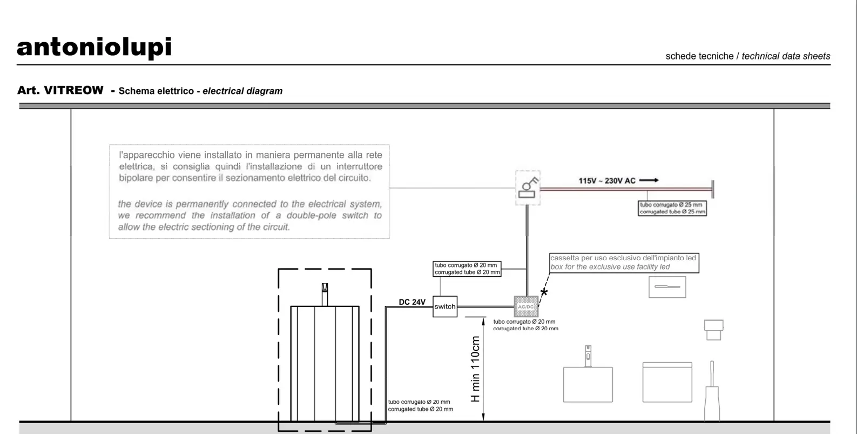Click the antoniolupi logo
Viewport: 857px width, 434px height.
95,47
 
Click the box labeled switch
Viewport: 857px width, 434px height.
445,306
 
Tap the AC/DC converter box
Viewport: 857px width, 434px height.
526,306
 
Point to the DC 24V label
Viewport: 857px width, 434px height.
412,302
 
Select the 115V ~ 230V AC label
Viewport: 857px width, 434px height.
607,181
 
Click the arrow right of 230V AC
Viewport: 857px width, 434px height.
649,180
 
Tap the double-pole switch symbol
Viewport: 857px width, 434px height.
528,187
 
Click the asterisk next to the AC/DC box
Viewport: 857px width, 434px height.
544,292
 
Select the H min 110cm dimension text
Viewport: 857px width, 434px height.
475,369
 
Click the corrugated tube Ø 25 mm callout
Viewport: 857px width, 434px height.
672,208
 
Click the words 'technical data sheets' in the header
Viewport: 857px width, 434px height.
786,56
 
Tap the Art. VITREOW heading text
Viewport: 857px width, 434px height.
60,90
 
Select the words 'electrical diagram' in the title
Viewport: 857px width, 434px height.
242,91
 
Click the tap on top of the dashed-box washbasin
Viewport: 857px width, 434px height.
325,294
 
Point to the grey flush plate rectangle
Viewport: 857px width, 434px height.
667,287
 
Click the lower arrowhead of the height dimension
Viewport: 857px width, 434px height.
483,417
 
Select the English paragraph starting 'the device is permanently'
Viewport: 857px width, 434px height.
249,215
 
